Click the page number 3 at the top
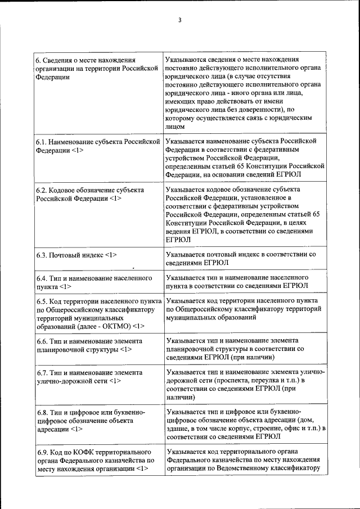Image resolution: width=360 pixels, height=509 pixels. pyautogui.click(x=179, y=21)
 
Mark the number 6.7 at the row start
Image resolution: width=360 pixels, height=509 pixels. pyautogui.click(x=43, y=373)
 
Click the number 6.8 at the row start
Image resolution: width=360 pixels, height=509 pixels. pyautogui.click(x=43, y=412)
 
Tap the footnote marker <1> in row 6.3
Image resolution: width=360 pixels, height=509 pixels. pyautogui.click(x=110, y=255)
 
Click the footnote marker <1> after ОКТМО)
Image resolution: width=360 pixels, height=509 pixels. pyautogui.click(x=139, y=326)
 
